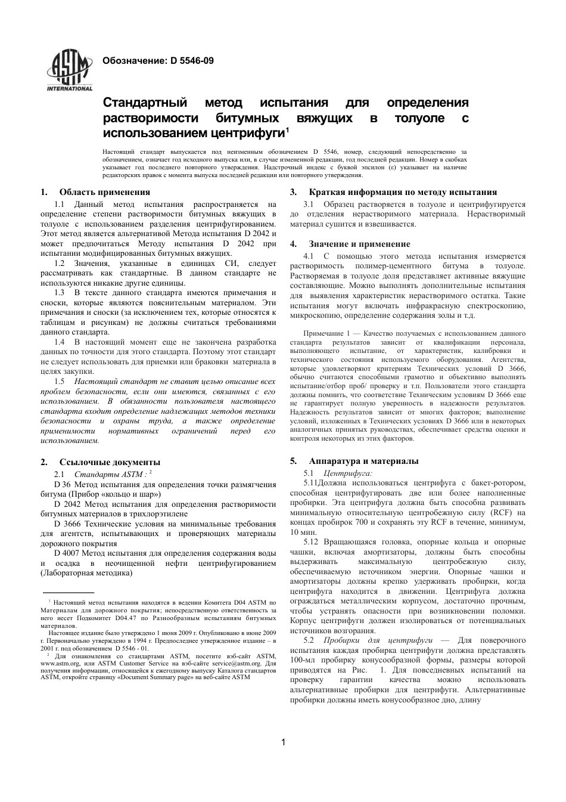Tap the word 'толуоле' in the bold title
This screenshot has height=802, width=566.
click(419, 118)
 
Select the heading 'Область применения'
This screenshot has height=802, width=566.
click(104, 192)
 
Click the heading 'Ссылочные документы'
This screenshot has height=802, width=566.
click(110, 462)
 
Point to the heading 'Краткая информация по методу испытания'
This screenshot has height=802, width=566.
click(403, 192)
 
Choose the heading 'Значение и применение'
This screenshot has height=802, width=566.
click(359, 244)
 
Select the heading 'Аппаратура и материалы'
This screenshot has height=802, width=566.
click(363, 461)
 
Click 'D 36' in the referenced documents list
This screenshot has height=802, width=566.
click(62, 484)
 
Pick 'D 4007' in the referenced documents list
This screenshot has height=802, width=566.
click(67, 553)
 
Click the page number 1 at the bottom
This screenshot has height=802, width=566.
click(283, 742)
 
